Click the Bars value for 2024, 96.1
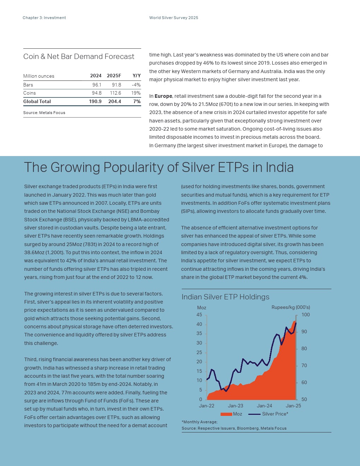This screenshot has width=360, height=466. pos(97,85)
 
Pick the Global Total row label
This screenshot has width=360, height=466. pos(37,102)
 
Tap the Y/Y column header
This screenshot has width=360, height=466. pos(137,76)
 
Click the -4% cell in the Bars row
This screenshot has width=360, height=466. pos(136,85)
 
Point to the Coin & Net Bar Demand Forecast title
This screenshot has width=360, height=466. pos(79,56)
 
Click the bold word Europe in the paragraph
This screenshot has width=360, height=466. pos(163,96)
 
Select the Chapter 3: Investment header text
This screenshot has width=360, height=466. pos(44,18)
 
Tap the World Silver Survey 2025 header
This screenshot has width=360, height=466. pos(174,18)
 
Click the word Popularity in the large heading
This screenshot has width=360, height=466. pos(134,167)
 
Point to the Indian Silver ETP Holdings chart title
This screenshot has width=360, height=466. pos(226,297)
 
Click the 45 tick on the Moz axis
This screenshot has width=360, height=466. pos(199,315)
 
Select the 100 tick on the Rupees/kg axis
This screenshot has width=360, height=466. pos(306,315)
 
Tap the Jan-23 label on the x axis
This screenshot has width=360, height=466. pos(235,406)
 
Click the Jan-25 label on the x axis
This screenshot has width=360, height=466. pos(293,406)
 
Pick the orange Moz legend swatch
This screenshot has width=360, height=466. pos(226,414)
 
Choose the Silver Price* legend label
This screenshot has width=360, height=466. pos(275,414)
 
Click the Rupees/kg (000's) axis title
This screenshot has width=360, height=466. pos(291,307)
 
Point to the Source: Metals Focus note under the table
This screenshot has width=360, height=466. pos(44,113)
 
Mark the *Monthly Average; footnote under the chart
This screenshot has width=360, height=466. pos(199,422)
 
